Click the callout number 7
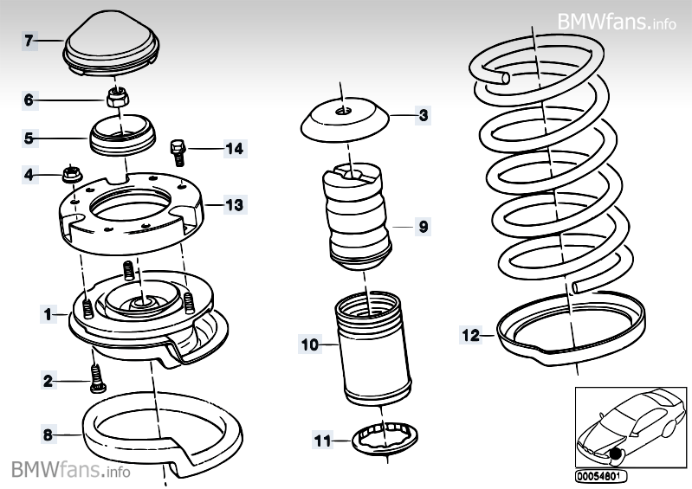(29, 41)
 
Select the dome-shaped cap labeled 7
(111, 44)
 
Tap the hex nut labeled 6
(118, 98)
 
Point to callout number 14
(235, 149)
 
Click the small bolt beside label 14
(178, 152)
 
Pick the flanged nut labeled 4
(72, 174)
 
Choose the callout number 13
(235, 205)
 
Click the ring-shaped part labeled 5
(123, 136)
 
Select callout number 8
(49, 435)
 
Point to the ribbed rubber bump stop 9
(357, 216)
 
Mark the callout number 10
(310, 344)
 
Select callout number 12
(470, 336)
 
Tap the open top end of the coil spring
(504, 79)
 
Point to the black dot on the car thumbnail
(613, 453)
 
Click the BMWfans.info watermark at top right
(617, 21)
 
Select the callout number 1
(49, 314)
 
